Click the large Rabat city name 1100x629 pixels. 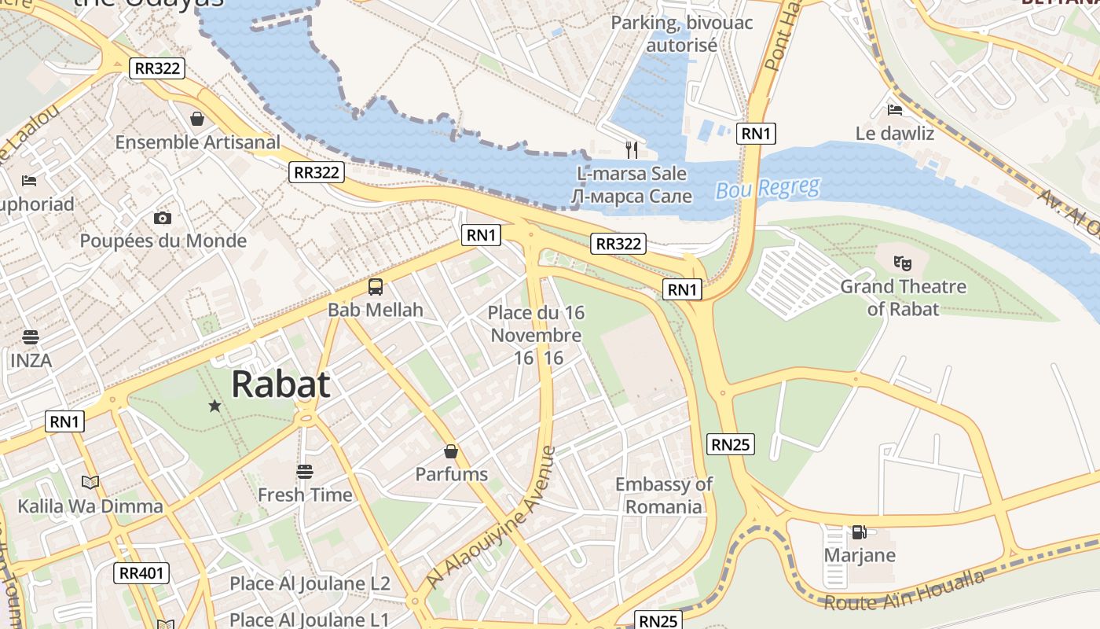[280, 384]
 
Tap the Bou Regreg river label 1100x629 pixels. [767, 189]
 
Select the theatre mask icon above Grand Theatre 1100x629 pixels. [903, 263]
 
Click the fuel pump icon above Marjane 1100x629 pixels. [859, 532]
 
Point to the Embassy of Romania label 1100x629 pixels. [663, 495]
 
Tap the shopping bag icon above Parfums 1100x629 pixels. [451, 451]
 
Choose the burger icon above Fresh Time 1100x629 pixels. [305, 472]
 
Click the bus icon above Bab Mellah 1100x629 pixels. [376, 287]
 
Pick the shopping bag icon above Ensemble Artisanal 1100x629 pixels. [196, 119]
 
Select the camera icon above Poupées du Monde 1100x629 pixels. [163, 218]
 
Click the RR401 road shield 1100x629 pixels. [141, 573]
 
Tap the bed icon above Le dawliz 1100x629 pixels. [894, 109]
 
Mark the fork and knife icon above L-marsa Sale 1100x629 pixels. [632, 149]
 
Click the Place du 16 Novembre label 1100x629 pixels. [536, 324]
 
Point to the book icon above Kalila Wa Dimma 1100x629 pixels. [90, 482]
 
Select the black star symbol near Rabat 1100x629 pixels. [214, 406]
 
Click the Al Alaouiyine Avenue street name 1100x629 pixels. [492, 518]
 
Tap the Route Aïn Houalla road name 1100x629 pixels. [904, 590]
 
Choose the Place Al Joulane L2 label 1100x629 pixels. [310, 583]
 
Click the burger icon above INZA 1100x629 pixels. [31, 338]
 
